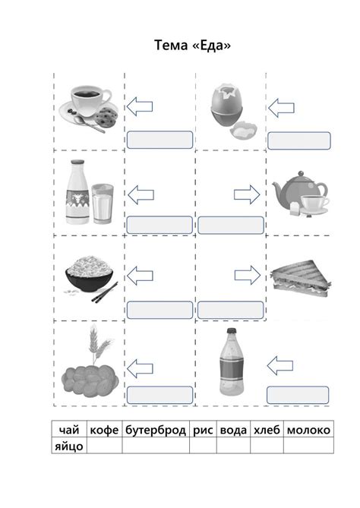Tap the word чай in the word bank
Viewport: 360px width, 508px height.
pos(69,430)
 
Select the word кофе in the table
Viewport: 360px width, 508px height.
pos(104,430)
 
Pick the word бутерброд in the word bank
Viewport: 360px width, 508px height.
pos(156,431)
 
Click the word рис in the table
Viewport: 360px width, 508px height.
pos(203,431)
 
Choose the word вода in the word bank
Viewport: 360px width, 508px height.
pos(233,430)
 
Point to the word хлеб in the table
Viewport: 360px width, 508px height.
pos(267,430)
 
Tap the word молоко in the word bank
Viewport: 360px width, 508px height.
pos(308,430)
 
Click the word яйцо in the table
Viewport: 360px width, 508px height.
pos(68,446)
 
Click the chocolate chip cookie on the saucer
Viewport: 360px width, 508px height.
pos(106,117)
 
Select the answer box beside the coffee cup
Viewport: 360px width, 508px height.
pos(159,140)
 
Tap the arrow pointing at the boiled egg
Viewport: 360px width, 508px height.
pos(281,108)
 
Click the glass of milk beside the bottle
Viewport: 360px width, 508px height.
pos(103,204)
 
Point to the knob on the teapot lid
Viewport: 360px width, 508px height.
pos(302,173)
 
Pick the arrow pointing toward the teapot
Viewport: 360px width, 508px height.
pos(247,194)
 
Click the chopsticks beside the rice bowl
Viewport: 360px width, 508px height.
pos(104,292)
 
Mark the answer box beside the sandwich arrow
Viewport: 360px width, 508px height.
pos(230,310)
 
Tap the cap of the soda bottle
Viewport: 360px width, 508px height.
pos(231,331)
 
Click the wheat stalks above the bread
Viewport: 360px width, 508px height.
pos(99,344)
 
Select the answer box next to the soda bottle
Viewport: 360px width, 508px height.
pos(298,396)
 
